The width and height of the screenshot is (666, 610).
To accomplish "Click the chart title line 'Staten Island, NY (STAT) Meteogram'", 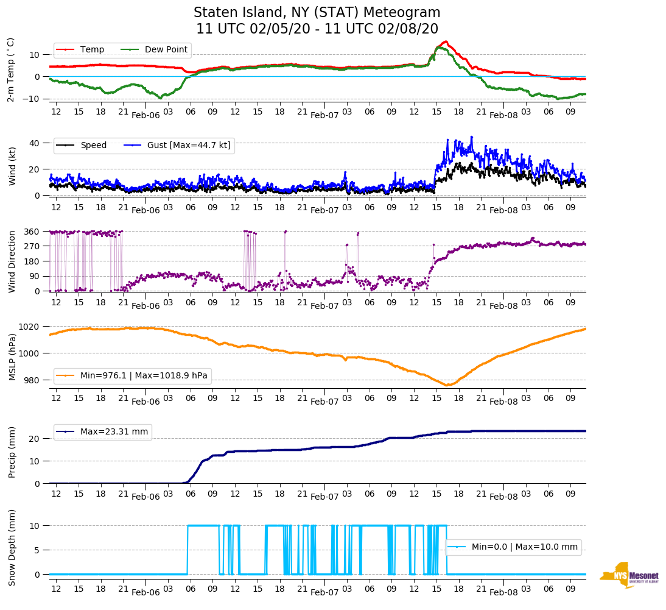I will (317, 13).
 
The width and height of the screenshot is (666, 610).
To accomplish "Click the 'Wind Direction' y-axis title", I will (11, 261).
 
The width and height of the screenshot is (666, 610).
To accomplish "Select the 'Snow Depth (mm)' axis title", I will (12, 548).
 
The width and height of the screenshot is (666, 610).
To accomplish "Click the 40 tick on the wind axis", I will (35, 143).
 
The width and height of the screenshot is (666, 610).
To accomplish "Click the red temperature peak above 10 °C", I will (446, 41).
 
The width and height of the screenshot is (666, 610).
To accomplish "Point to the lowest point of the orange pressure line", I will (447, 385).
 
